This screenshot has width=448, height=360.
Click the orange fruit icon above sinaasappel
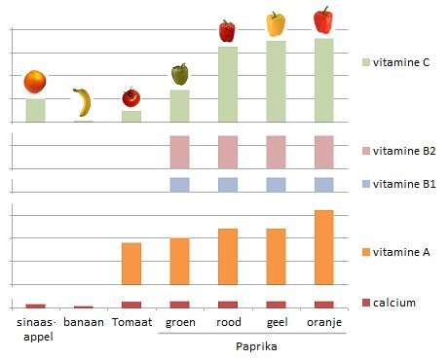pyautogui.click(x=35, y=82)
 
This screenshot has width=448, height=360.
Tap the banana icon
pyautogui.click(x=83, y=102)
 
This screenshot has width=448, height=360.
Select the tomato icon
pyautogui.click(x=131, y=97)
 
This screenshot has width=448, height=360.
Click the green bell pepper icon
pyautogui.click(x=179, y=75)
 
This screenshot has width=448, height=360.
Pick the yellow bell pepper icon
pyautogui.click(x=276, y=24)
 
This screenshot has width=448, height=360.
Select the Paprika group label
pyautogui.click(x=251, y=345)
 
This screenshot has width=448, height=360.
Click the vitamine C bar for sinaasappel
pyautogui.click(x=35, y=110)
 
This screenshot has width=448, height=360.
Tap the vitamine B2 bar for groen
pyautogui.click(x=179, y=152)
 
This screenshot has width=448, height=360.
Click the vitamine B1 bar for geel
pyautogui.click(x=276, y=184)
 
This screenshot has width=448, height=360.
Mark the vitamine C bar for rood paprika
pyautogui.click(x=227, y=84)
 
